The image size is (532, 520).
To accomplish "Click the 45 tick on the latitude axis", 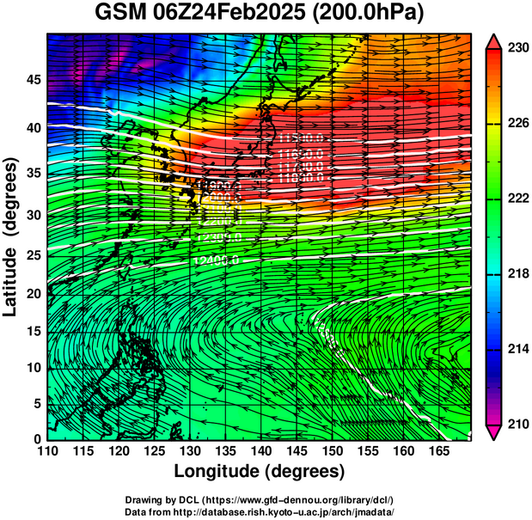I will [33, 80].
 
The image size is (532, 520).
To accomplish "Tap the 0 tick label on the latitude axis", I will [37, 439].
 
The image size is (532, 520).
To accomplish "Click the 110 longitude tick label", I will [47, 451].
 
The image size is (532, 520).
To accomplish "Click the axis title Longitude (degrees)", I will [260, 471].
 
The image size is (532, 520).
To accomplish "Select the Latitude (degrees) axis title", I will [11, 236].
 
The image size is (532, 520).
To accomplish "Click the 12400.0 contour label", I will [216, 260].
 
